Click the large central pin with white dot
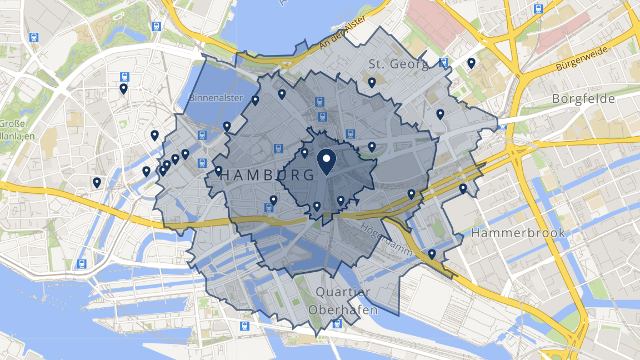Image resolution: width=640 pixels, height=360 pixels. (x=326, y=161)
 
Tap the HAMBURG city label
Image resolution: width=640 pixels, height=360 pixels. (x=268, y=175)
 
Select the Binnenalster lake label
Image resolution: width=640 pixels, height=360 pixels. (x=216, y=98)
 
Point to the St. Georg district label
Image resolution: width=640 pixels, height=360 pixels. (x=399, y=64)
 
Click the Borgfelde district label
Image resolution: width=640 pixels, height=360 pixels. (x=583, y=99)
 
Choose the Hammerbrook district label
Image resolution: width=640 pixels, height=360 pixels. (x=518, y=233)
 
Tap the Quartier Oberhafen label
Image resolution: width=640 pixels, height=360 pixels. (x=343, y=301)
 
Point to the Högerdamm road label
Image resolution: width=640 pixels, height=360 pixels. (x=386, y=239)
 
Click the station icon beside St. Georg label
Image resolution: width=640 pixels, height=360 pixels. (x=443, y=62)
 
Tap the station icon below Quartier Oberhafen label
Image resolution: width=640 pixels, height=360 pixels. (x=337, y=324)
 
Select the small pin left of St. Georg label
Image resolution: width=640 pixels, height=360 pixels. (x=372, y=83)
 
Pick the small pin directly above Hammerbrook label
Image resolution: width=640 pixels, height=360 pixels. (x=463, y=189)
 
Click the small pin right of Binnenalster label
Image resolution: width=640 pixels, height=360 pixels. (x=255, y=101)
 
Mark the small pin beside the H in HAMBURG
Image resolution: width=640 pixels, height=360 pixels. (x=219, y=171)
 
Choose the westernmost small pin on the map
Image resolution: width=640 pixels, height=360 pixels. (x=97, y=182)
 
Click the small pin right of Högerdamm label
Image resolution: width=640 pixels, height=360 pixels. (x=432, y=254)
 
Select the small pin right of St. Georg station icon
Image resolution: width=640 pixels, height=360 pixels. (x=471, y=63)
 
